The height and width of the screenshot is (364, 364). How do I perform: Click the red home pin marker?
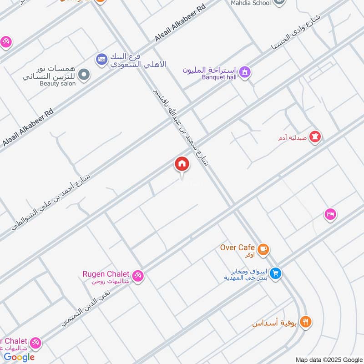(x=182, y=164)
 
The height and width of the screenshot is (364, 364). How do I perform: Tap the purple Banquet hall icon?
(x=245, y=72)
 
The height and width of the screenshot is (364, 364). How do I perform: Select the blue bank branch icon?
(x=101, y=59)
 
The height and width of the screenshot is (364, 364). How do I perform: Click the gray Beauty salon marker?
(x=83, y=75)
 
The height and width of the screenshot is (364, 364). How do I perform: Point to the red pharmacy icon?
(x=315, y=136)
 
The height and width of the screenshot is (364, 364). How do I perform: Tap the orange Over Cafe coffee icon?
(x=263, y=249)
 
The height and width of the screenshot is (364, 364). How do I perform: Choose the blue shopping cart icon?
(x=275, y=273)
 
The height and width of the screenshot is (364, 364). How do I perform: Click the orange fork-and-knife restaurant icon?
(x=306, y=322)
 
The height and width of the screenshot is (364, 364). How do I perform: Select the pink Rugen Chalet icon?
(x=138, y=276)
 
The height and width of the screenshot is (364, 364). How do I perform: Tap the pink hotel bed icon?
(x=330, y=214)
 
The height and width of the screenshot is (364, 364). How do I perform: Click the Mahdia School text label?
(x=251, y=3)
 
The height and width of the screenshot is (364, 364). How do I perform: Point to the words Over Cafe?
(x=237, y=248)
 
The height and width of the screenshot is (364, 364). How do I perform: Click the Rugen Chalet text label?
(x=106, y=273)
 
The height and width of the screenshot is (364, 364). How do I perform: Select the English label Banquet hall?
(x=219, y=77)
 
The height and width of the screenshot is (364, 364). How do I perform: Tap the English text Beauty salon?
(x=56, y=84)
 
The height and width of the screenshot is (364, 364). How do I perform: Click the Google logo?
(x=19, y=357)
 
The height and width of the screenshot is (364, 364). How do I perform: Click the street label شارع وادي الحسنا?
(x=296, y=32)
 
